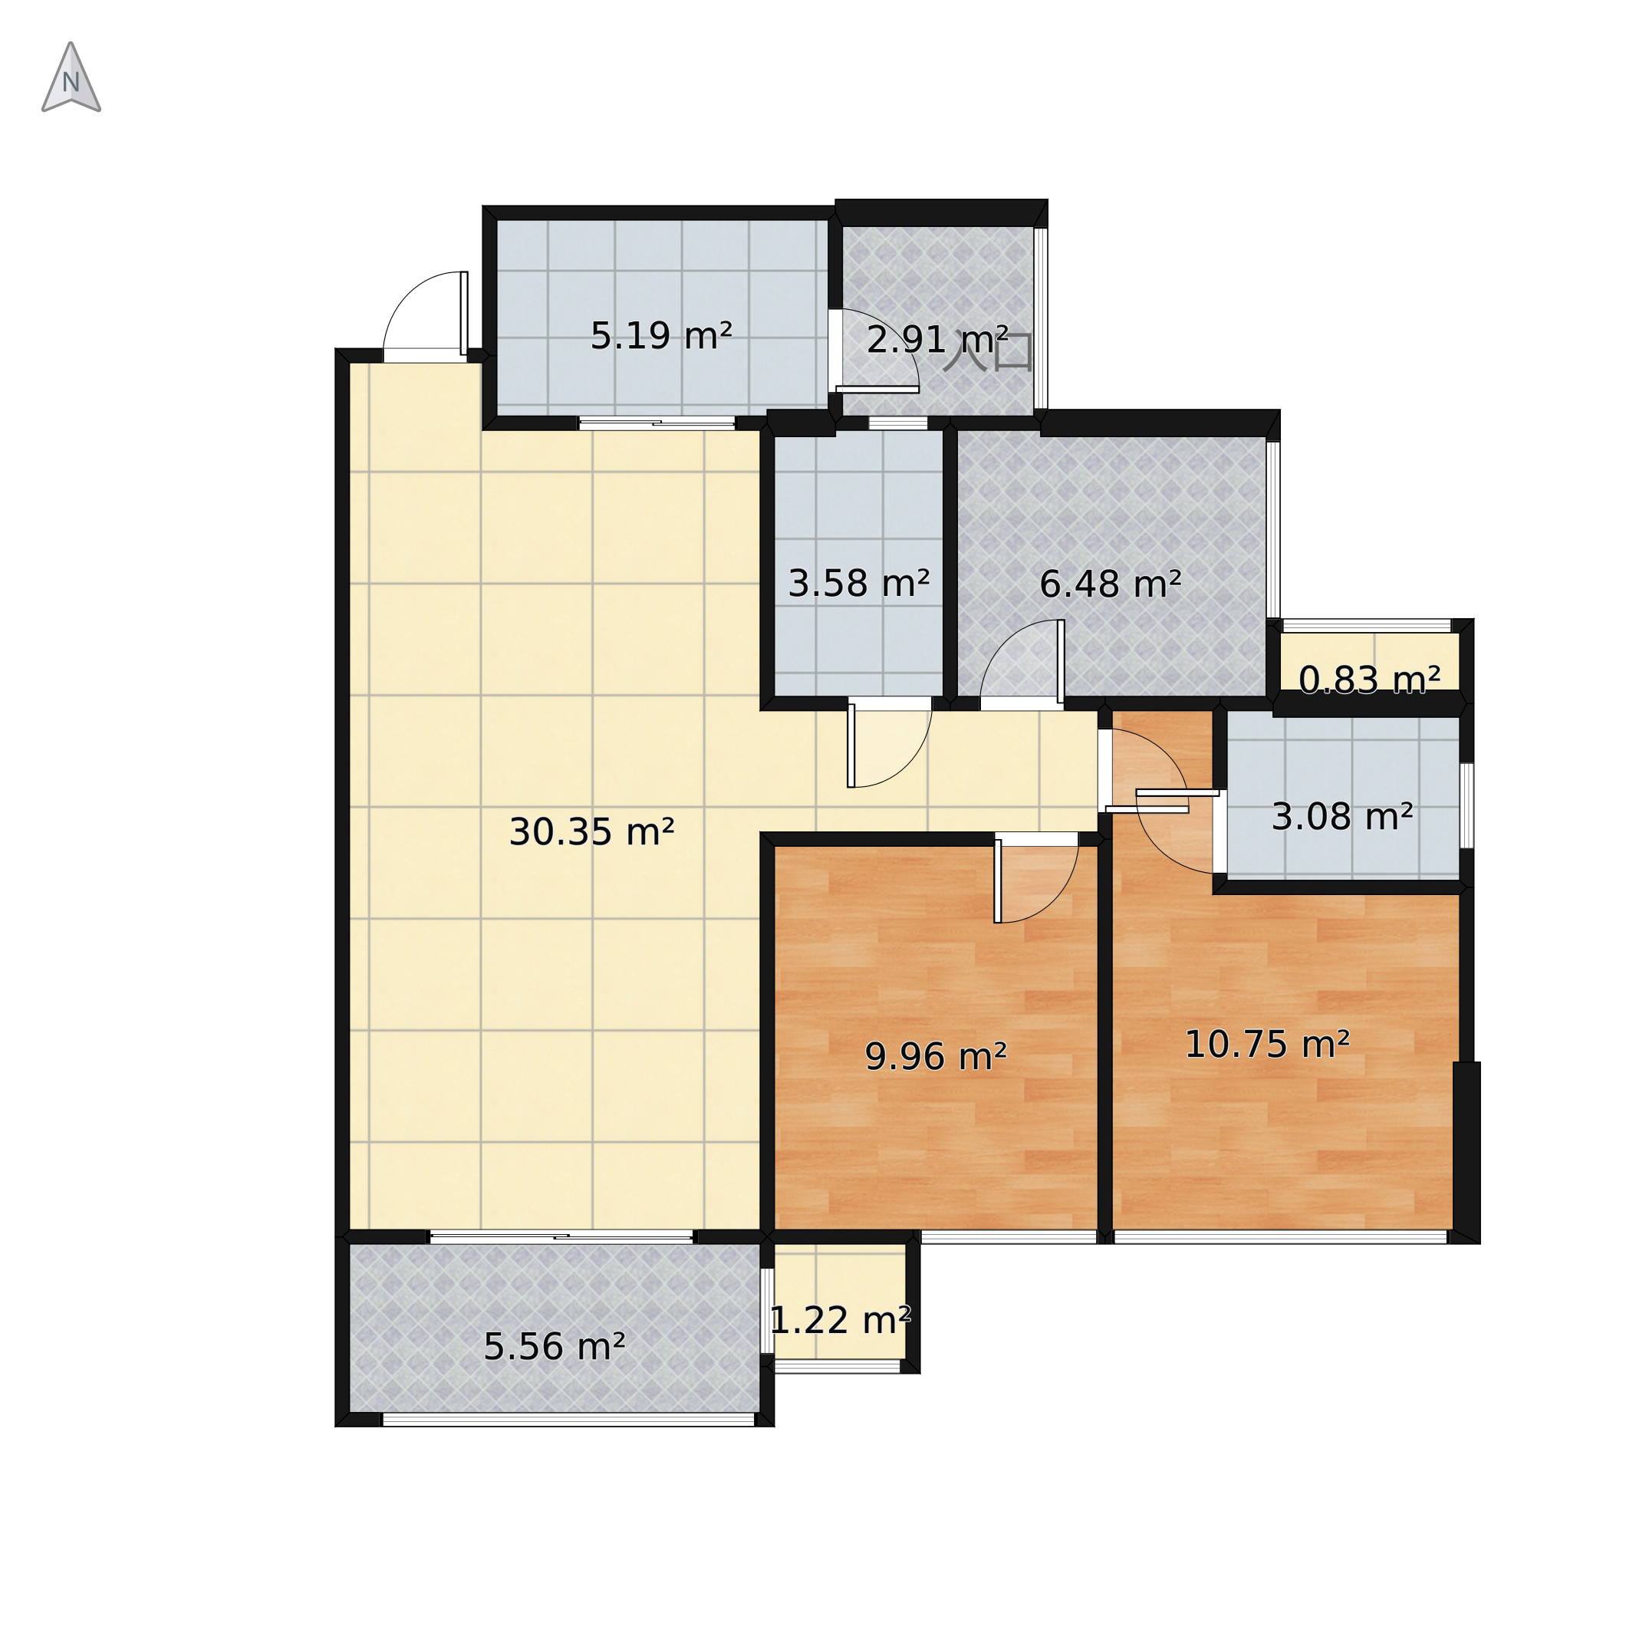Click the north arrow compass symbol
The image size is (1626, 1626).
click(71, 77)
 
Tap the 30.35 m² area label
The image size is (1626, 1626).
click(591, 832)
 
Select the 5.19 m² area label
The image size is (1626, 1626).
click(660, 336)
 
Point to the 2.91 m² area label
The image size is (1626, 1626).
click(936, 339)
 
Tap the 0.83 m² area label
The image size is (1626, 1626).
click(1369, 680)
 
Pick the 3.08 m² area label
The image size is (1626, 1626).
click(1341, 816)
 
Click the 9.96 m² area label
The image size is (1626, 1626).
click(936, 1056)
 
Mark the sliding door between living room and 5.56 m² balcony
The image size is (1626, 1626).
click(561, 1236)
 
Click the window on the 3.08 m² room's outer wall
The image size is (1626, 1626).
click(1467, 805)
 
